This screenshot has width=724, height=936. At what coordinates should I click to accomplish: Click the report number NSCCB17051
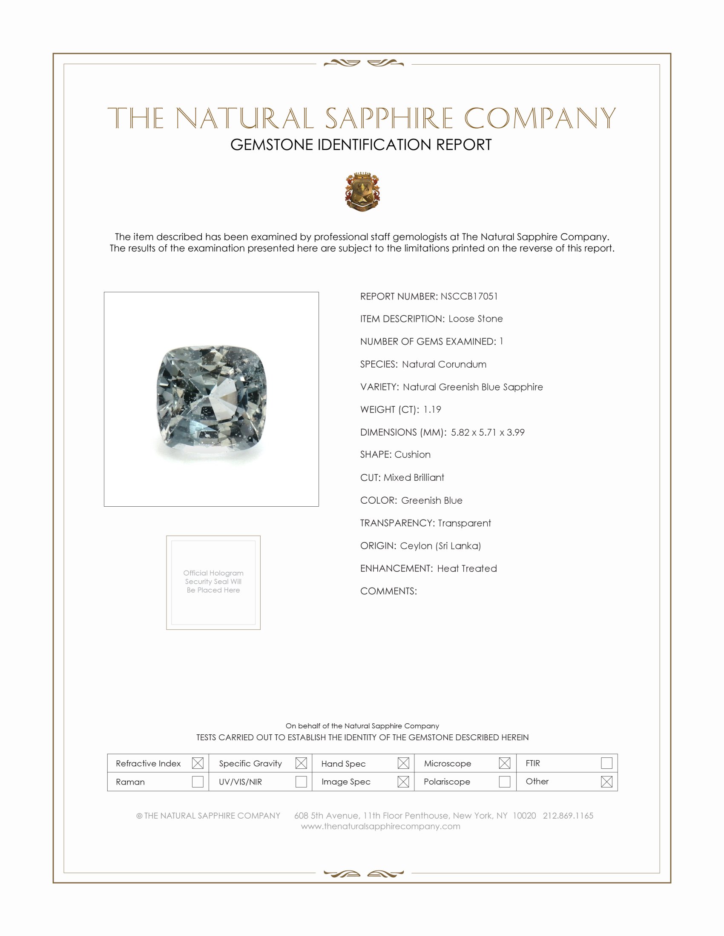[x=469, y=296]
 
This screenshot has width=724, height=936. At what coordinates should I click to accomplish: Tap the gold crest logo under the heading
[x=362, y=191]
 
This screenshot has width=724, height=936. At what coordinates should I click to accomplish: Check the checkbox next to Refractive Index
[x=197, y=763]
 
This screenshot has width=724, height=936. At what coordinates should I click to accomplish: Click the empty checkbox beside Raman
[x=197, y=781]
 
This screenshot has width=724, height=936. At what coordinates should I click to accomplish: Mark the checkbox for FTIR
[x=606, y=763]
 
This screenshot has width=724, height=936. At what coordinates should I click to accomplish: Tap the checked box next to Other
[x=606, y=781]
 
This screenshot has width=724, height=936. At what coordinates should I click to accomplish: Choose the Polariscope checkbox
[x=504, y=781]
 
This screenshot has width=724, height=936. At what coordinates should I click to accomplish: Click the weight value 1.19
[x=432, y=409]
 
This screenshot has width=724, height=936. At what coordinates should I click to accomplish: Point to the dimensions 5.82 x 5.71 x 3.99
[x=487, y=432]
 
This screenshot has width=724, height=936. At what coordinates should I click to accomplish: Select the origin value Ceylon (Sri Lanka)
[x=440, y=545]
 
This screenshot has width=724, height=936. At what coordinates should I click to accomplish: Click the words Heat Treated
[x=467, y=568]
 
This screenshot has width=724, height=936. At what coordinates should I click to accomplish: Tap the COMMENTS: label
[x=388, y=591]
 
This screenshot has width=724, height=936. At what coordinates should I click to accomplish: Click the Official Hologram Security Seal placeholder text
[x=213, y=581]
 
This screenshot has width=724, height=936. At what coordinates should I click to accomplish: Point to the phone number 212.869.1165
[x=568, y=816]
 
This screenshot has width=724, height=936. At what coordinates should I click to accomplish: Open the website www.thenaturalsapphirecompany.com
[x=380, y=826]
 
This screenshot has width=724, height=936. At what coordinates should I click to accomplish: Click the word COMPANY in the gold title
[x=540, y=118]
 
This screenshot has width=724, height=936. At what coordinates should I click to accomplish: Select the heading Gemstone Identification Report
[x=361, y=145]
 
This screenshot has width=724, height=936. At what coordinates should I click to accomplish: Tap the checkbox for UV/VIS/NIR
[x=301, y=781]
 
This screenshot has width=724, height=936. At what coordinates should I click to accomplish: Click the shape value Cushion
[x=412, y=454]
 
